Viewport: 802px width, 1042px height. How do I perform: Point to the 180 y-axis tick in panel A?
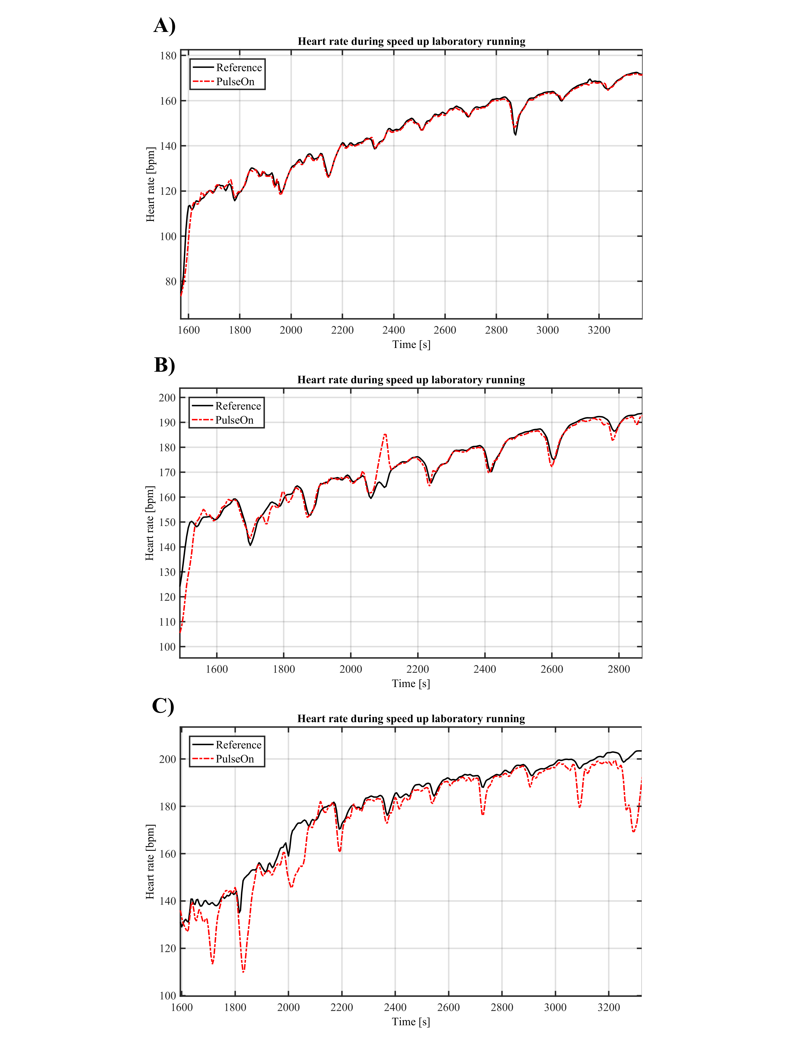pos(168,56)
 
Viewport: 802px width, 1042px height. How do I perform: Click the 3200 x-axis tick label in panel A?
pos(599,330)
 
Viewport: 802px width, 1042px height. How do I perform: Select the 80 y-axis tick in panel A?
pos(170,282)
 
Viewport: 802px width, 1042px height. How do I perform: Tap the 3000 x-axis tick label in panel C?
pos(555,1008)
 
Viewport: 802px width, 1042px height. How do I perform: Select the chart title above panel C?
pos(411,719)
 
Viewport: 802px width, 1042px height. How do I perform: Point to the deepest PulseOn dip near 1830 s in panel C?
pos(243,971)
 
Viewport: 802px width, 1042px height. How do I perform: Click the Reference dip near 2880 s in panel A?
pos(515,135)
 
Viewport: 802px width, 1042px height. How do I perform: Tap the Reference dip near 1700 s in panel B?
pos(250,545)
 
